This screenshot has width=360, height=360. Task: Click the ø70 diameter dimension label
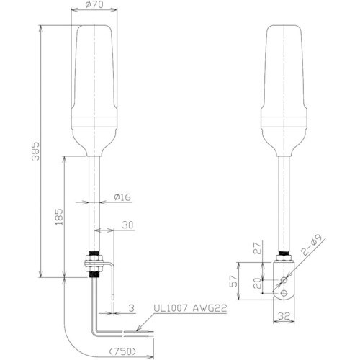(94, 4)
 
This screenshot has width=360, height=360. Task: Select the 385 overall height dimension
(35, 151)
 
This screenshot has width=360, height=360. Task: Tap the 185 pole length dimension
(59, 217)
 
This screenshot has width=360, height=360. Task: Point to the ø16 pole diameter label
(122, 197)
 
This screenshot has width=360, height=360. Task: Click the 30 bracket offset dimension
(127, 225)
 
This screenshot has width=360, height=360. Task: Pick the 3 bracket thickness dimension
(131, 308)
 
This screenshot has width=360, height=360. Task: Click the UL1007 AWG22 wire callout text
(190, 308)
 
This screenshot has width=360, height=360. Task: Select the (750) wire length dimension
(122, 351)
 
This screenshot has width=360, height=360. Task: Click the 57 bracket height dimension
(233, 281)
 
